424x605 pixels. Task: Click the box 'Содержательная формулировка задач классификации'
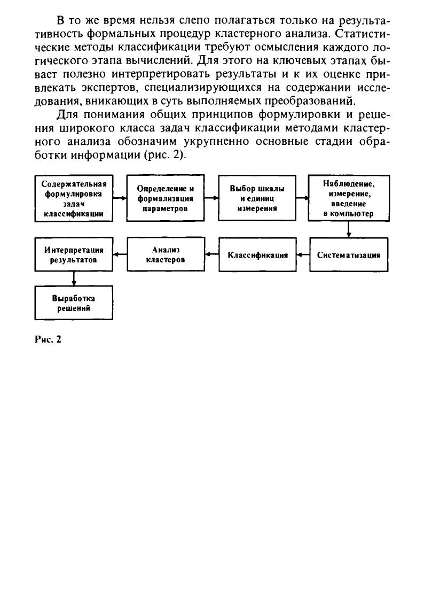click(x=74, y=198)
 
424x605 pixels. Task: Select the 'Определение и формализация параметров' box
click(x=165, y=198)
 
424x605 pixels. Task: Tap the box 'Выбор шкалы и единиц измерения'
click(x=257, y=198)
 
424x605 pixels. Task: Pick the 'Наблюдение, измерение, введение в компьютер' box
click(x=348, y=198)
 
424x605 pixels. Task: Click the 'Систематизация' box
click(x=348, y=255)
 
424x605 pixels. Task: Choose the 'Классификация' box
click(x=257, y=255)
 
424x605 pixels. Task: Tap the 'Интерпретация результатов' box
click(x=74, y=254)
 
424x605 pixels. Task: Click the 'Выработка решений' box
click(x=74, y=303)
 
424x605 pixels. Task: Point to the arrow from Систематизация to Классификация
click(x=303, y=255)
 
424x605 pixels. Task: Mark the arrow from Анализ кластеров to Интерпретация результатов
click(x=120, y=254)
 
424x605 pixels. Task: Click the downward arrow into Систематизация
click(x=348, y=229)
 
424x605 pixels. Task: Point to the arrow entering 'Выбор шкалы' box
click(x=211, y=198)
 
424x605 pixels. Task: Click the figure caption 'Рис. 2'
click(x=45, y=339)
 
